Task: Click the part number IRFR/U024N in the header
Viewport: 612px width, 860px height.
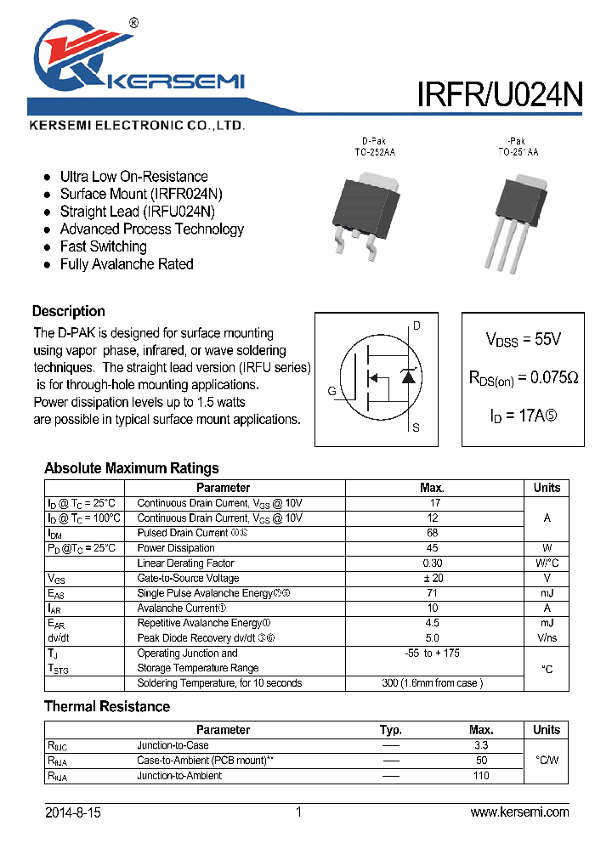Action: coord(499,93)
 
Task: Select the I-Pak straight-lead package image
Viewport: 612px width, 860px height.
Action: coord(515,217)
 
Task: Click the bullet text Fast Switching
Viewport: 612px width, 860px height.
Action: coord(103,246)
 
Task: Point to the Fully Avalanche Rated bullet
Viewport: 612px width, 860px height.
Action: coord(127,264)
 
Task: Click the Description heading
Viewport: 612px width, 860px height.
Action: coord(69,311)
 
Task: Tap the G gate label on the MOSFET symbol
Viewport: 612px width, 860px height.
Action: coord(331,391)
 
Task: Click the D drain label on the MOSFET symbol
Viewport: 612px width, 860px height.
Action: coord(416,325)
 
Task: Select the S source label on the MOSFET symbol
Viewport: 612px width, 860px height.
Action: coord(416,428)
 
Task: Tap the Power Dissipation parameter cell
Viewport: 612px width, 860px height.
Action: coord(176,548)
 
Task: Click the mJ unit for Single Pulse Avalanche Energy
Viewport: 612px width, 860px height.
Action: coord(547,593)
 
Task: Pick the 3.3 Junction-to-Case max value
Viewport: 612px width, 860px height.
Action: coord(481,745)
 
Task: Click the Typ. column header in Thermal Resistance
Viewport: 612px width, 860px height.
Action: coord(391,730)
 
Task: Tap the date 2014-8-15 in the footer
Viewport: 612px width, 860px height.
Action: coord(72,812)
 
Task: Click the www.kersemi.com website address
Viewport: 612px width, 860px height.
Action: coord(519,812)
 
